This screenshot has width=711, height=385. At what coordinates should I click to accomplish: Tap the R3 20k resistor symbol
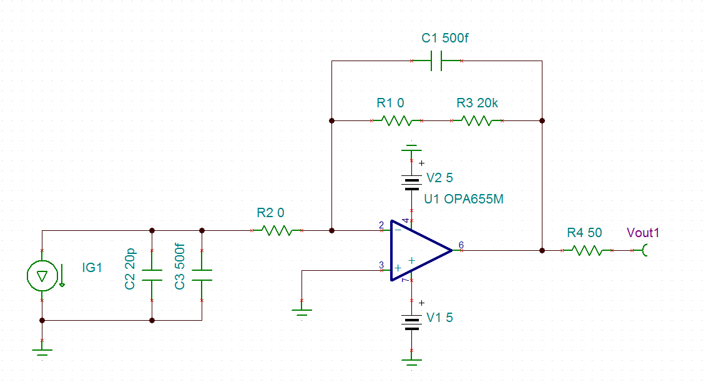476,120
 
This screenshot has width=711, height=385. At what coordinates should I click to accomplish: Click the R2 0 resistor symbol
277,231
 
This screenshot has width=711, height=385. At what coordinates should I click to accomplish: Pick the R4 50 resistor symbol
586,250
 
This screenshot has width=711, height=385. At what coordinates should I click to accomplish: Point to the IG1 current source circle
42,276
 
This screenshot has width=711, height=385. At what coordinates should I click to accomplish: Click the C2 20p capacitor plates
152,275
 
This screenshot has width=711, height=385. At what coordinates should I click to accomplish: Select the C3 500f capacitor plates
202,275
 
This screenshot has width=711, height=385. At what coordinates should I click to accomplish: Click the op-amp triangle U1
418,250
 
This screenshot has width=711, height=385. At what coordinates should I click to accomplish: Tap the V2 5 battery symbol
411,181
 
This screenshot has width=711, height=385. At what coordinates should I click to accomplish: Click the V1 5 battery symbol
411,321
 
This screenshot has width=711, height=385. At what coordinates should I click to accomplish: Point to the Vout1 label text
642,233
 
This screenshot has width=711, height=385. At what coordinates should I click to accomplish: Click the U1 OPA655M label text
463,200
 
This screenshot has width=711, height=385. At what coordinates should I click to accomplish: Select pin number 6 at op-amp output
461,245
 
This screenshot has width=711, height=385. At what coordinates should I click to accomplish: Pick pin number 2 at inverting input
381,225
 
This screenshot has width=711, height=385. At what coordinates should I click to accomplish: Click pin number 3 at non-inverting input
381,265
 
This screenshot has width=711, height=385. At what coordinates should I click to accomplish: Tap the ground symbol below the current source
42,353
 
